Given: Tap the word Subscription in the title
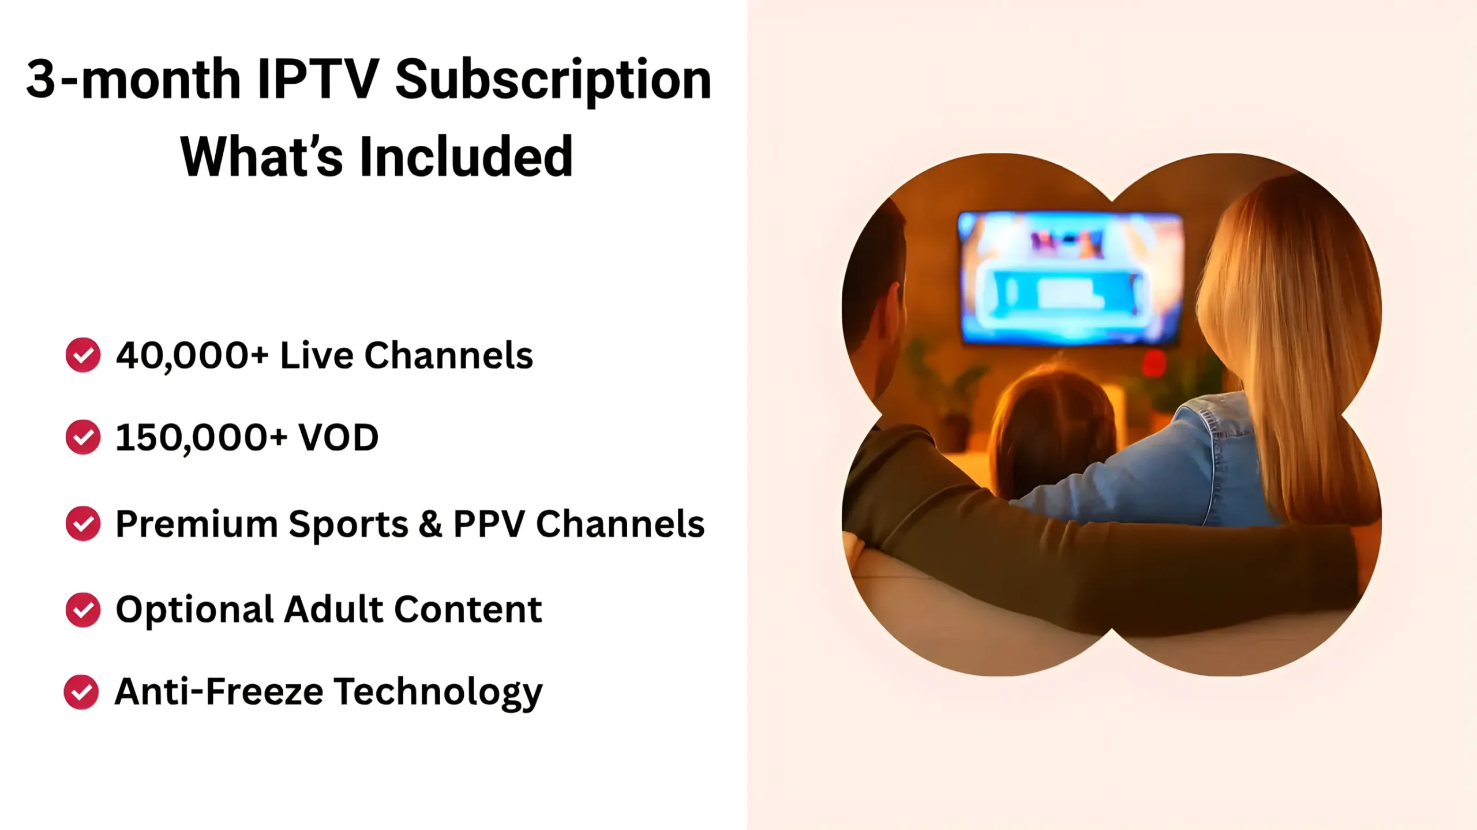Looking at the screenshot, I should tap(553, 81).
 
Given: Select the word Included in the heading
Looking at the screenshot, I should tap(466, 157).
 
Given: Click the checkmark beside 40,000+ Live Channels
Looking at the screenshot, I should tap(83, 355).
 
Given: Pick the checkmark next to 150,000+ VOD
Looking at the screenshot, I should tap(83, 437).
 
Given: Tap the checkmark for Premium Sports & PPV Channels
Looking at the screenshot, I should tap(83, 524).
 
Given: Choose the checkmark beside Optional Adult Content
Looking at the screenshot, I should tap(83, 610).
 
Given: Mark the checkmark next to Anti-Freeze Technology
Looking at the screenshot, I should tap(81, 692).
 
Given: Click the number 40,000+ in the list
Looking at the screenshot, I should tap(192, 355).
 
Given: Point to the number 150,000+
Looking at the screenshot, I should tap(201, 438).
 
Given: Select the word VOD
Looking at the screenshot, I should tap(338, 437).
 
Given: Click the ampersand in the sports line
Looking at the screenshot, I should tap(430, 524).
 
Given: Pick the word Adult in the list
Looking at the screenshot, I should tap(333, 609).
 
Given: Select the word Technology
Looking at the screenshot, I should tap(438, 692).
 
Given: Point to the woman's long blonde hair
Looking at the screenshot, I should tap(1292, 323).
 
